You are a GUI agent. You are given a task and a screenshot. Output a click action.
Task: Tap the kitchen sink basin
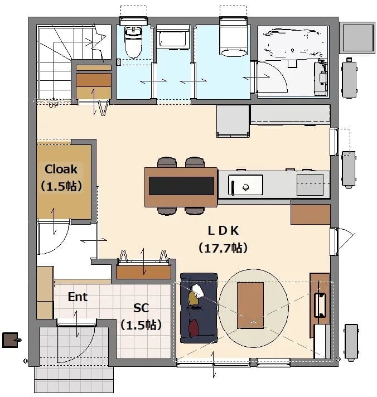(x=245, y=185)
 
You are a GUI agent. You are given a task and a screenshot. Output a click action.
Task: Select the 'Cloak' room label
(x=61, y=169)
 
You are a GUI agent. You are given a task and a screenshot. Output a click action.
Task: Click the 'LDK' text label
(x=223, y=230)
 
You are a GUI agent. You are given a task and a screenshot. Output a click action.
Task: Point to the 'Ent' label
(x=78, y=297)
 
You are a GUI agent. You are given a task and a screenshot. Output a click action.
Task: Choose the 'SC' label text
(x=141, y=308)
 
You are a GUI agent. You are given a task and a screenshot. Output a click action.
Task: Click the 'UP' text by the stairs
(x=54, y=105)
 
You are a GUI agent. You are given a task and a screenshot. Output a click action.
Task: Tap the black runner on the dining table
(x=181, y=186)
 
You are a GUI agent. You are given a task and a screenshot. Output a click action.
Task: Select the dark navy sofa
(x=199, y=308)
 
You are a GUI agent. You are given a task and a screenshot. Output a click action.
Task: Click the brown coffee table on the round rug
(x=250, y=306)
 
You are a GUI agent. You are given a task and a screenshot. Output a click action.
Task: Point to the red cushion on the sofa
(x=194, y=328)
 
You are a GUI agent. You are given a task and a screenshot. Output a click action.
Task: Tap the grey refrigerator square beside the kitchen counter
(x=233, y=121)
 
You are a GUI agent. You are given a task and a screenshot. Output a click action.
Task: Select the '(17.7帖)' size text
(x=223, y=248)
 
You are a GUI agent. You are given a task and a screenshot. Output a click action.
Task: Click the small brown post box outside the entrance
(x=10, y=340)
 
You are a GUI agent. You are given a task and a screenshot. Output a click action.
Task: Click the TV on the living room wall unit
(x=320, y=305)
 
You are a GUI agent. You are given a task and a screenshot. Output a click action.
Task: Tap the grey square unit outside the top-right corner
(x=357, y=38)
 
